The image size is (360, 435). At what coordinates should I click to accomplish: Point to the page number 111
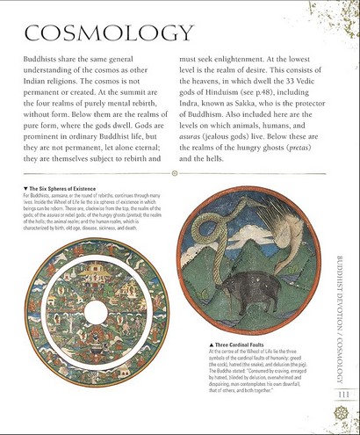point(343,394)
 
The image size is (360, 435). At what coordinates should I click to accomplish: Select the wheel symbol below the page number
point(343,410)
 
